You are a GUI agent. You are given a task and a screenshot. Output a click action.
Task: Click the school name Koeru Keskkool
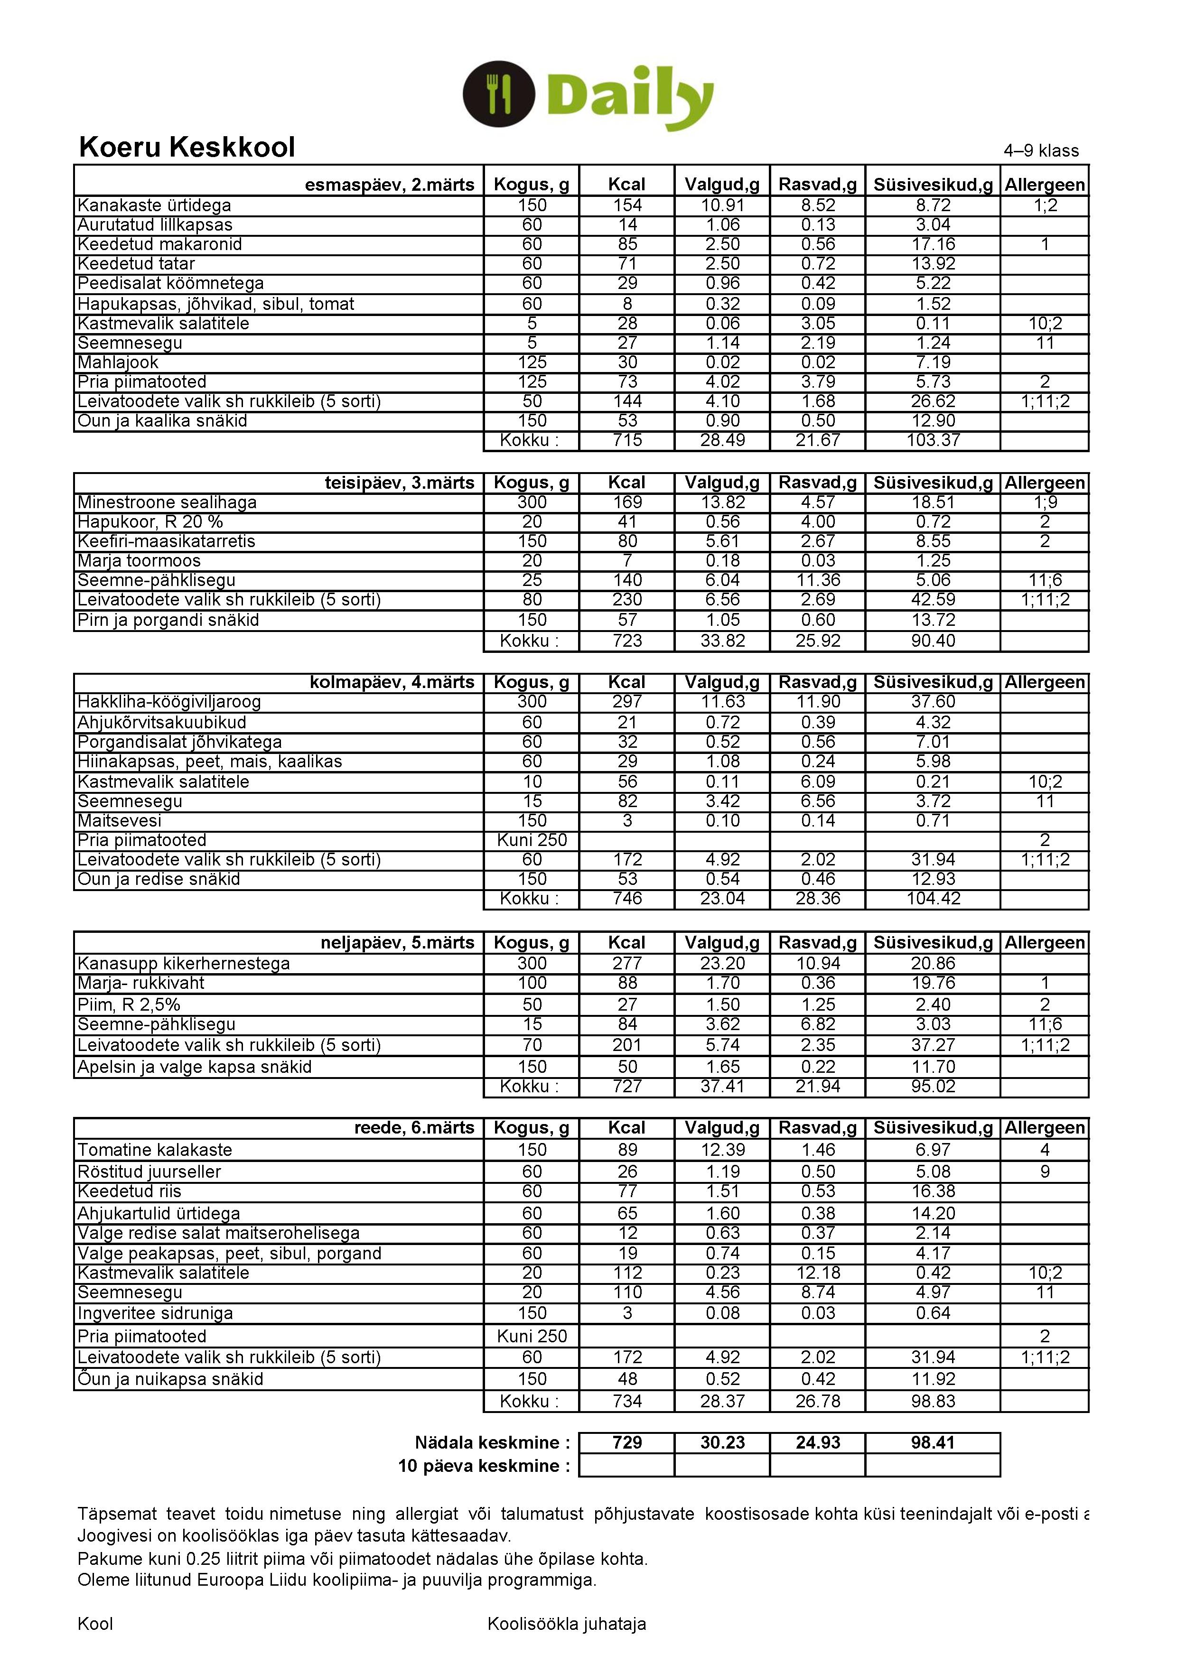coord(187,147)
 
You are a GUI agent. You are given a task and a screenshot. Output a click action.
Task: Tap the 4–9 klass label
coord(1041,151)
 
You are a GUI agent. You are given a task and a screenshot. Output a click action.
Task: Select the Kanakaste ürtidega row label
coord(154,206)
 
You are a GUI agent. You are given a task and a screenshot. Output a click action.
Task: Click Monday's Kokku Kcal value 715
coord(627,440)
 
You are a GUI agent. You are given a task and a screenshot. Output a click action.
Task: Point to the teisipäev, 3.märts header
coord(399,483)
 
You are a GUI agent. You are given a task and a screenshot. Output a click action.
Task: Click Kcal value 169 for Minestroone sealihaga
coord(627,502)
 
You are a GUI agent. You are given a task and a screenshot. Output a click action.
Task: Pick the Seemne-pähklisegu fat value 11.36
coord(818,580)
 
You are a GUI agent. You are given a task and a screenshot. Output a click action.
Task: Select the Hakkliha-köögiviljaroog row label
coord(169,702)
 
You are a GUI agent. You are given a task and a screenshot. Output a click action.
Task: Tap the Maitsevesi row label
coord(120,820)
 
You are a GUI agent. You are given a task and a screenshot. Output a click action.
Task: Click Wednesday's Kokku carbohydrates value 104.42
coord(933,899)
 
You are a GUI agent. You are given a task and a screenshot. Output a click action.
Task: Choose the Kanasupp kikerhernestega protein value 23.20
coord(723,963)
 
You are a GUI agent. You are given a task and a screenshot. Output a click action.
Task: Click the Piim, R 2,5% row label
coord(129,1004)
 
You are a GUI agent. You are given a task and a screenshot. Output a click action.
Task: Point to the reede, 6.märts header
coord(414,1128)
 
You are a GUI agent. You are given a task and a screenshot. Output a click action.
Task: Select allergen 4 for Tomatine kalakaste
coord(1045,1150)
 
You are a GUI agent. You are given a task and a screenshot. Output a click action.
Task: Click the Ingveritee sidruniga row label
coord(155,1313)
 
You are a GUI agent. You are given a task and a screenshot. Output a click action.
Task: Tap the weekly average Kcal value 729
coord(627,1442)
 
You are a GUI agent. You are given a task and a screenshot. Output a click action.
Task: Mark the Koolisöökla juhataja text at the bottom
coord(566,1624)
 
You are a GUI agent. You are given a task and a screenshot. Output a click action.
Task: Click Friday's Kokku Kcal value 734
coord(627,1401)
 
